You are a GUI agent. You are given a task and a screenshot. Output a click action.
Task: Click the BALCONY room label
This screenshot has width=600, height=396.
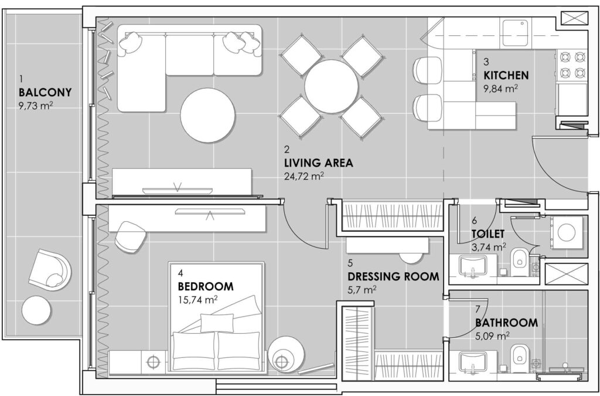click(x=45, y=93)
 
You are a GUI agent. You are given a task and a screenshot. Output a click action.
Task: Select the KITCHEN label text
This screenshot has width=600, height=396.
click(x=506, y=75)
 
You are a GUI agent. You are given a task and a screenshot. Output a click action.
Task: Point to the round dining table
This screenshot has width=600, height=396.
click(x=332, y=87)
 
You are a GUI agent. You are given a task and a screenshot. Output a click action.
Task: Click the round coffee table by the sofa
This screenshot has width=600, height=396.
click(x=208, y=115)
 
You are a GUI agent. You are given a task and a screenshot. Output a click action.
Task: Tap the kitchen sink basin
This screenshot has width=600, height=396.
click(x=515, y=32)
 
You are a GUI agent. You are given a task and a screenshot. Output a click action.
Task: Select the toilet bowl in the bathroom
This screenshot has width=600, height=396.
click(x=520, y=358)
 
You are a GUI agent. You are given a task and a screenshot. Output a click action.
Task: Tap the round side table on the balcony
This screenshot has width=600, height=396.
click(x=36, y=310)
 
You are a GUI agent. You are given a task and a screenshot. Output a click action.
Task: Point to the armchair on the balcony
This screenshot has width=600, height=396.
click(x=50, y=270)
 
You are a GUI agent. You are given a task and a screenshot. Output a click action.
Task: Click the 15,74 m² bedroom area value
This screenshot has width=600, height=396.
click(x=198, y=299)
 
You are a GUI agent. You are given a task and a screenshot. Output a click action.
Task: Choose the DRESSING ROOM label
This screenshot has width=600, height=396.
click(x=393, y=276)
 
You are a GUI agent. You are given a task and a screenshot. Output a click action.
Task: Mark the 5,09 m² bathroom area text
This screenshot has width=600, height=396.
click(x=492, y=336)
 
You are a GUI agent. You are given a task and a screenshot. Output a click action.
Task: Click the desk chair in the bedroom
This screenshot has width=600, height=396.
click(x=130, y=236)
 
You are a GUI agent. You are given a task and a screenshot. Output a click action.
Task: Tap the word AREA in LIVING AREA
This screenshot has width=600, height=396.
click(x=338, y=163)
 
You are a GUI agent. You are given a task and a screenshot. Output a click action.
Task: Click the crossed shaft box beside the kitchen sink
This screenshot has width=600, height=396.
click(x=574, y=18)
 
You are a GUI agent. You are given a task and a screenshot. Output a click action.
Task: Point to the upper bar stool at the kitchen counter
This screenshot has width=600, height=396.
click(x=427, y=70)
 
